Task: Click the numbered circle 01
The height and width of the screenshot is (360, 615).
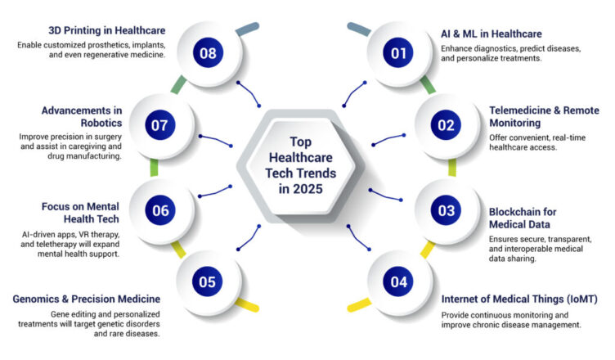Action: click(398, 52)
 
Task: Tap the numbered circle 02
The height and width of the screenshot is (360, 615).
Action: click(446, 125)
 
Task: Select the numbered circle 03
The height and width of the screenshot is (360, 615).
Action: click(446, 210)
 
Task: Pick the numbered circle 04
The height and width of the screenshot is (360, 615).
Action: click(398, 281)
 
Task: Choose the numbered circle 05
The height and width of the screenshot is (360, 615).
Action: click(208, 281)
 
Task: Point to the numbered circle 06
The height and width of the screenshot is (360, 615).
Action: click(160, 210)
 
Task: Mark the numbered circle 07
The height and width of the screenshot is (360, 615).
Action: click(160, 125)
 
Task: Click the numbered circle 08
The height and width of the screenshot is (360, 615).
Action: click(208, 52)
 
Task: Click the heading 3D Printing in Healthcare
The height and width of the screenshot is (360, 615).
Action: click(107, 30)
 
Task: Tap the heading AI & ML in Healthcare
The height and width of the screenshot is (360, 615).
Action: click(492, 34)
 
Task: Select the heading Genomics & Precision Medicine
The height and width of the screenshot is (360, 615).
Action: click(87, 299)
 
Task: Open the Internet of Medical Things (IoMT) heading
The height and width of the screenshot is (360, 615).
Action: click(519, 299)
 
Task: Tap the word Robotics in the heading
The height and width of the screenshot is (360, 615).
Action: click(101, 123)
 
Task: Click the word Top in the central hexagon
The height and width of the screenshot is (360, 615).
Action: click(301, 142)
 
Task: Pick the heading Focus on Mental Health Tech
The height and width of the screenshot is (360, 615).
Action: click(80, 213)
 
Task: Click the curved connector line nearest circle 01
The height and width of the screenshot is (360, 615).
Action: click(353, 92)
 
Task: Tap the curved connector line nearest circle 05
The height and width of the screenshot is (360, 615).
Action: click(249, 237)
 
